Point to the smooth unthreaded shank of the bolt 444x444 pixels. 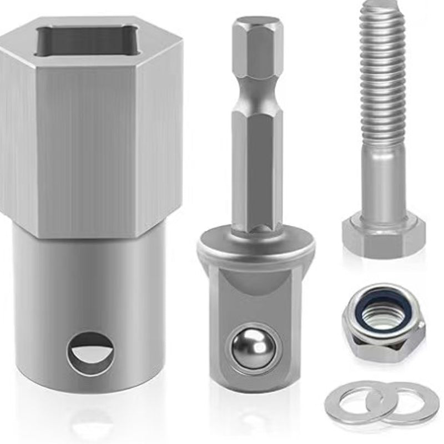(x=383, y=178)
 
